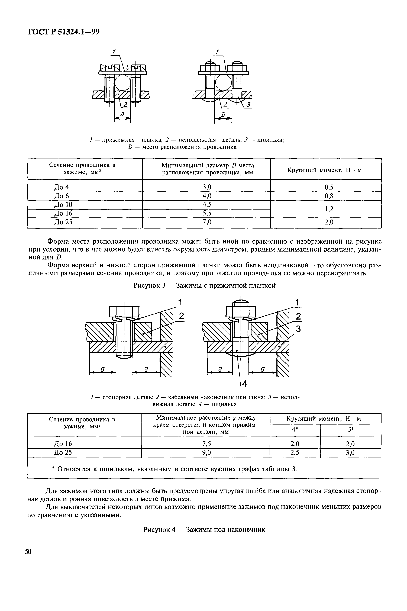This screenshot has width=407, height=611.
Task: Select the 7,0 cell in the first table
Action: (207, 222)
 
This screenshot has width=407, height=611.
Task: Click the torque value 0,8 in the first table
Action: (329, 196)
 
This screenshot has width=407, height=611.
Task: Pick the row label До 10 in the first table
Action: (63, 205)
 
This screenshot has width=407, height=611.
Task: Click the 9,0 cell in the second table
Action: (206, 452)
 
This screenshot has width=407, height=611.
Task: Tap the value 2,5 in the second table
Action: (295, 453)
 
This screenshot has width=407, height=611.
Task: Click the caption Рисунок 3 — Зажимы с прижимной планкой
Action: (204, 285)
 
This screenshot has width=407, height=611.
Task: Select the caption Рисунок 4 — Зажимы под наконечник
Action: (204, 529)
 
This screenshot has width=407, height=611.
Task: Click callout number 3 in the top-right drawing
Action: (248, 105)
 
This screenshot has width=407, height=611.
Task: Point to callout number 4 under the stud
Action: (244, 383)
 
